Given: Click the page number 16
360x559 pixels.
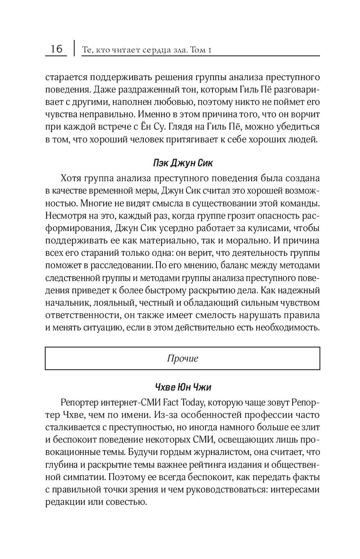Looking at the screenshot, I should (x=56, y=49).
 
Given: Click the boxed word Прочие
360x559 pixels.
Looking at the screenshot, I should (x=183, y=358).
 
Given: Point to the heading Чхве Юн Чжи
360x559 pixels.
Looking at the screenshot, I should (x=182, y=387).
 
